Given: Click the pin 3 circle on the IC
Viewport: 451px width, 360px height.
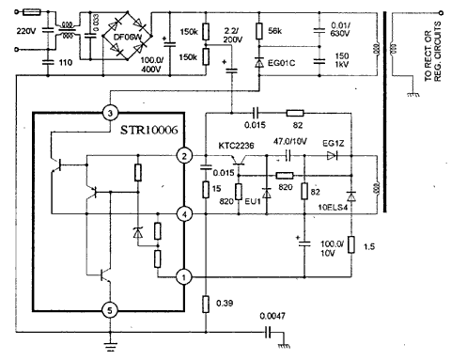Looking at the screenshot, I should [111, 112].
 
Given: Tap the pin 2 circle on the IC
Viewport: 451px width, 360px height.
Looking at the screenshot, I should [185, 155].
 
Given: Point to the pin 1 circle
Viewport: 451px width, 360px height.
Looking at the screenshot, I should [185, 277].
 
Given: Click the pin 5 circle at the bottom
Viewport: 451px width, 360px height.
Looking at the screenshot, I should [111, 309].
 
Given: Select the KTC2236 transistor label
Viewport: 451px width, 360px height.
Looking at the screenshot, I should [239, 148].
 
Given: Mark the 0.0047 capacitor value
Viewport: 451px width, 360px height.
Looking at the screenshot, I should [275, 317].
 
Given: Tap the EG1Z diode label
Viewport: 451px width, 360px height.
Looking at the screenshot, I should [334, 144].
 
